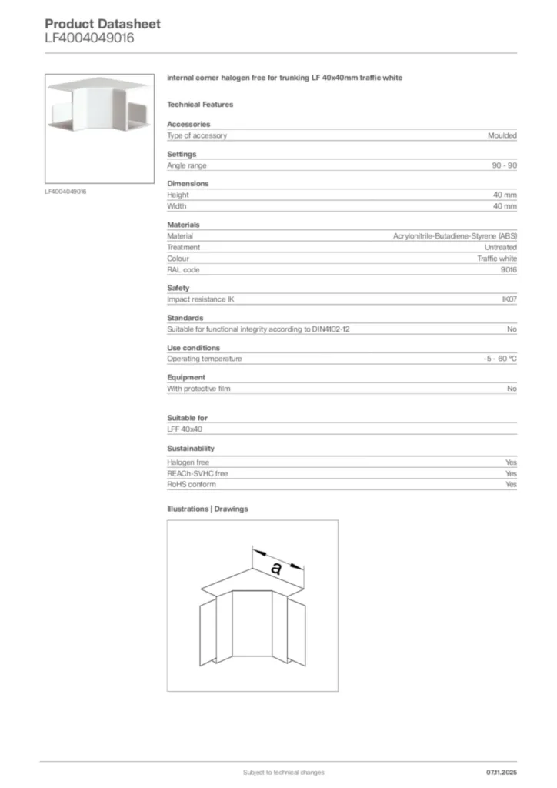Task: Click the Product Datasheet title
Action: click(x=102, y=24)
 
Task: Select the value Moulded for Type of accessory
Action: click(x=502, y=135)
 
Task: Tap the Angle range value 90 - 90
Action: click(x=504, y=165)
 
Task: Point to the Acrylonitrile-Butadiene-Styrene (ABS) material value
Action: click(x=455, y=236)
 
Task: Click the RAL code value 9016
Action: click(x=509, y=270)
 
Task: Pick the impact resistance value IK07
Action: click(x=509, y=299)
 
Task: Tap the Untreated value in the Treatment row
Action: click(x=500, y=248)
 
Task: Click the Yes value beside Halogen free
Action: click(x=511, y=462)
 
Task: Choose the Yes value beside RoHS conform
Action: click(x=511, y=485)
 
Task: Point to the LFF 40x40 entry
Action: click(x=185, y=429)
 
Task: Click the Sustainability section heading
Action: click(x=191, y=449)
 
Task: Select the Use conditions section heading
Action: click(x=193, y=348)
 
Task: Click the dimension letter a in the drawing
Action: click(x=276, y=569)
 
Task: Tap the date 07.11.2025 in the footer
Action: click(x=501, y=772)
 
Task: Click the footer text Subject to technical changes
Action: click(x=283, y=772)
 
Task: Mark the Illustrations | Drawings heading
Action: click(x=208, y=509)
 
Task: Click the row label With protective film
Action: click(x=198, y=389)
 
